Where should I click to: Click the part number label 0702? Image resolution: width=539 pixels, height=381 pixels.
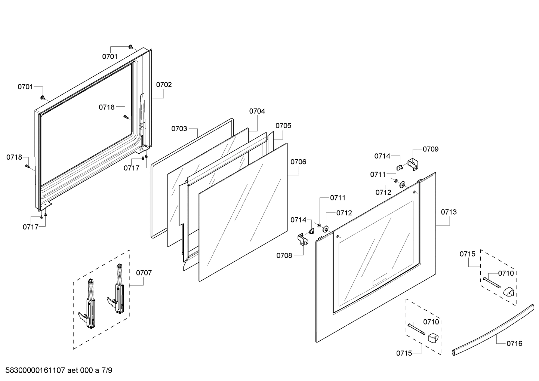pyautogui.click(x=164, y=85)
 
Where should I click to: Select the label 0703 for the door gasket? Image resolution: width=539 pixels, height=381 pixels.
pyautogui.click(x=179, y=129)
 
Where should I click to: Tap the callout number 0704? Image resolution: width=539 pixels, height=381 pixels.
pyautogui.click(x=257, y=111)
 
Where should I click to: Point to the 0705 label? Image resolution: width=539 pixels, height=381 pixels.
pyautogui.click(x=283, y=126)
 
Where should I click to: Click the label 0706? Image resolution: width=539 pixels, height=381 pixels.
pyautogui.click(x=298, y=162)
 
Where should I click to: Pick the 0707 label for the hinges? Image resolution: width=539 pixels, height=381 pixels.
pyautogui.click(x=144, y=273)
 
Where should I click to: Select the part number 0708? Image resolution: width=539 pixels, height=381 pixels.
pyautogui.click(x=284, y=256)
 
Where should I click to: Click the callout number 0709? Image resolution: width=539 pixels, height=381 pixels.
pyautogui.click(x=431, y=149)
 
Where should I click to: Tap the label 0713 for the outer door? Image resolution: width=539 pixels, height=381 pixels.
pyautogui.click(x=449, y=212)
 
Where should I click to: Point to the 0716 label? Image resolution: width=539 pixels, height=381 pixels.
pyautogui.click(x=515, y=343)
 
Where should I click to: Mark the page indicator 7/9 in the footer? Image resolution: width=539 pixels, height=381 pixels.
pyautogui.click(x=107, y=371)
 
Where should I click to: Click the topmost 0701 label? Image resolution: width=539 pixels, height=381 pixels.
pyautogui.click(x=110, y=56)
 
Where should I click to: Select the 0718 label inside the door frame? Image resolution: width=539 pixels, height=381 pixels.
pyautogui.click(x=107, y=107)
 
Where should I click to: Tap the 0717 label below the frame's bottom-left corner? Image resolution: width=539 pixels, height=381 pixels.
pyautogui.click(x=30, y=227)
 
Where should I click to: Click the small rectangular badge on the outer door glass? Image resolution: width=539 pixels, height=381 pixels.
pyautogui.click(x=380, y=280)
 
